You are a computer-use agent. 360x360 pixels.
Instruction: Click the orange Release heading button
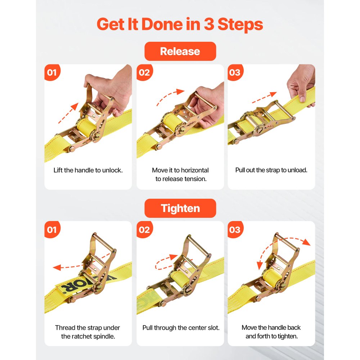coord(180,51)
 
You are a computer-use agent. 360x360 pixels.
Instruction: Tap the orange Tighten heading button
coord(180,208)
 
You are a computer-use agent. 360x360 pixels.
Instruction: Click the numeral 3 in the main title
coord(214,24)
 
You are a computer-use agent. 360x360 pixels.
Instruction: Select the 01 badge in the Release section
coord(52,72)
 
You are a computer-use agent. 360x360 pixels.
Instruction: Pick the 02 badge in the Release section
coord(144,72)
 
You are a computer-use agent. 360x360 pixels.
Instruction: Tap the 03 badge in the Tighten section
coord(235,229)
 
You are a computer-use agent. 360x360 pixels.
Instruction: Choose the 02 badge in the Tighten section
coord(144,229)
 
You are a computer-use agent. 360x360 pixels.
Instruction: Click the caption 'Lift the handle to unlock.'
coord(88,170)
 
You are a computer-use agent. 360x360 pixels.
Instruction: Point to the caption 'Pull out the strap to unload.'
coord(271,170)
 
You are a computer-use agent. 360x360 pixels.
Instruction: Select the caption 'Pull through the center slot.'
coord(181,328)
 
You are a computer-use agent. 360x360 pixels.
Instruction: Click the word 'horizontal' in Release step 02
coord(195,170)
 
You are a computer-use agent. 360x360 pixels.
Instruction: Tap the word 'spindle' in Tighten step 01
coord(107,337)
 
